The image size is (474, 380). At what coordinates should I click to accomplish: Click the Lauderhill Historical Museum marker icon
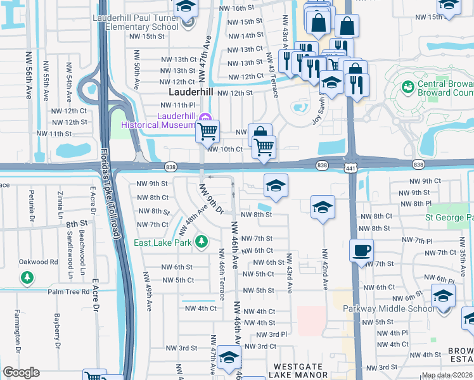204,117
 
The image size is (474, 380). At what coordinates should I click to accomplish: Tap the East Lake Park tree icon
201,241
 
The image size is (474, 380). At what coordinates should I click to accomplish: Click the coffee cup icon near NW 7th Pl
361,250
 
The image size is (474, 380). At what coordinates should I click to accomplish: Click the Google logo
21,372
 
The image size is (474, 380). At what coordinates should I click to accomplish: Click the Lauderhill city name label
191,92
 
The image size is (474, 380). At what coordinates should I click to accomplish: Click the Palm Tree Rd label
68,292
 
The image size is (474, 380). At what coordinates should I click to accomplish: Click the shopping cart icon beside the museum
207,131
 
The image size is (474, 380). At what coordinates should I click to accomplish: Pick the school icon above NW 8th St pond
276,186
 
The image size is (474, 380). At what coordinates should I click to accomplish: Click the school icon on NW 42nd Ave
323,206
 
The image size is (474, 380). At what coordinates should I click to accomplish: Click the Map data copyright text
446,375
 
